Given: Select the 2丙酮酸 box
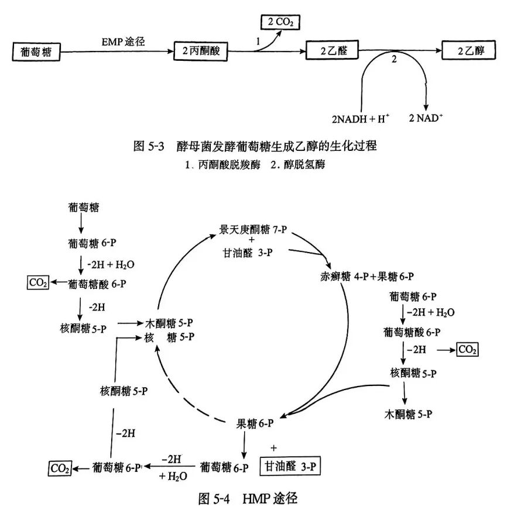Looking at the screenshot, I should tap(200, 51).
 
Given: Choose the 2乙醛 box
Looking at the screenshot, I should tap(331, 51).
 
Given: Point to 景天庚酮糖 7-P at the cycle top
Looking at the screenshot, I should tap(253, 229).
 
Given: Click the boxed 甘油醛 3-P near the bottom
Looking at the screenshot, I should tap(293, 467).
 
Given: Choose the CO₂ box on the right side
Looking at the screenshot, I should tap(467, 349).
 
